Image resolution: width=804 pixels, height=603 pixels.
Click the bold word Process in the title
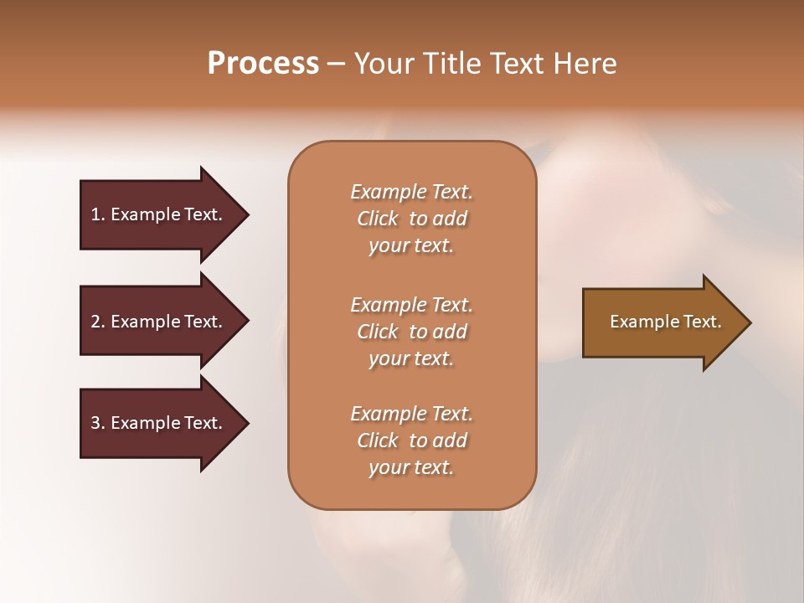(263, 64)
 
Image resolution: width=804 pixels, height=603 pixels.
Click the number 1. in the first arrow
(97, 214)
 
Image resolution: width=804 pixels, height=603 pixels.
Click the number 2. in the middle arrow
(97, 322)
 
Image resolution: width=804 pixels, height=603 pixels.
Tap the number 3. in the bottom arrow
(97, 423)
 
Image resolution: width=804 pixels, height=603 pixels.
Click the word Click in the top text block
(377, 219)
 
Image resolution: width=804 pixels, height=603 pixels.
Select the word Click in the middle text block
(377, 332)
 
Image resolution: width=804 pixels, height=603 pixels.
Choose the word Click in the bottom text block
(377, 441)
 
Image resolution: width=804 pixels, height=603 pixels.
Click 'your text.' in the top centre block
(411, 245)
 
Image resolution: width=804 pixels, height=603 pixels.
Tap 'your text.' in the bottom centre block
(411, 467)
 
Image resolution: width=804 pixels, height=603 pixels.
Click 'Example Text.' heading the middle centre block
(411, 305)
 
